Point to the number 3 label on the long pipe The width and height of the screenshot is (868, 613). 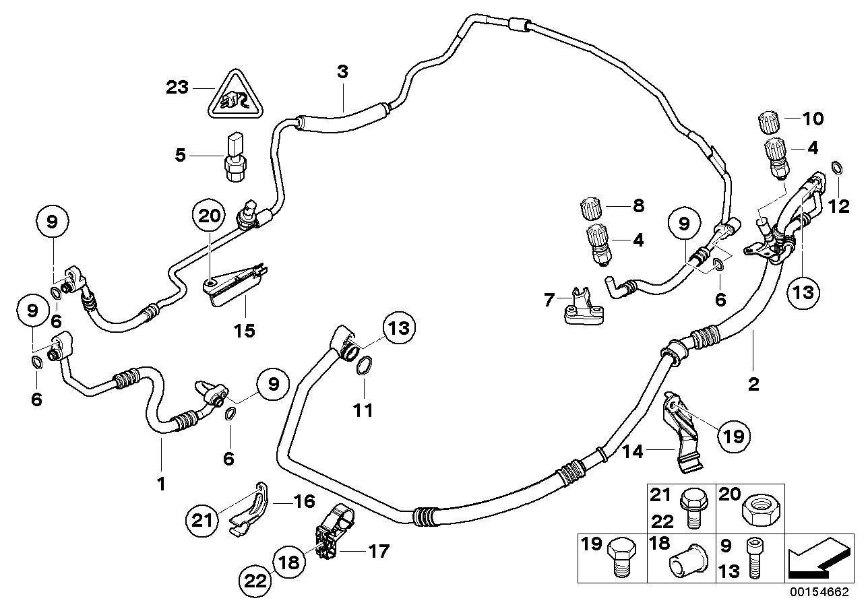click(x=342, y=73)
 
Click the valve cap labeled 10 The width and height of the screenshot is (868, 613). click(x=769, y=123)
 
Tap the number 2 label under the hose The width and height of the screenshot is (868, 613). click(x=753, y=385)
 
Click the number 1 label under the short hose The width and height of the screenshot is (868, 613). click(x=161, y=484)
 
